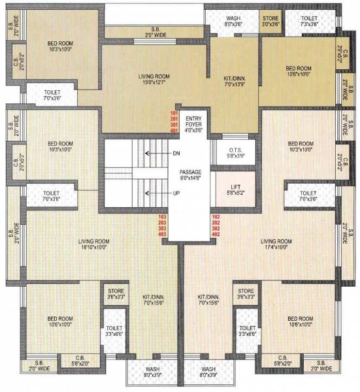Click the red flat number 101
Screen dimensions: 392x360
pyautogui.click(x=174, y=113)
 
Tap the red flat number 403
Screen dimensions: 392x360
pyautogui.click(x=163, y=234)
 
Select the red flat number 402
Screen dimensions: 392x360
pyautogui.click(x=216, y=234)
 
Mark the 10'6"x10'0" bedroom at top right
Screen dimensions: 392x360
pyautogui.click(x=299, y=71)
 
